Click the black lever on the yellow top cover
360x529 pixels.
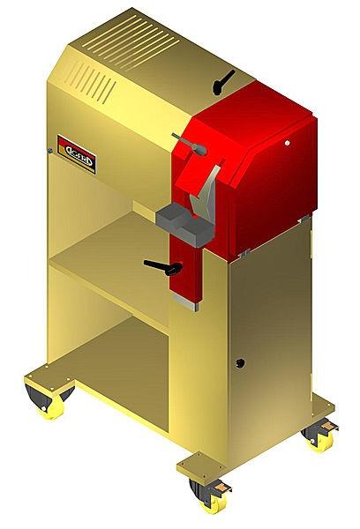point(221,80)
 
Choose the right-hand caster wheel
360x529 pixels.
point(315,438)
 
